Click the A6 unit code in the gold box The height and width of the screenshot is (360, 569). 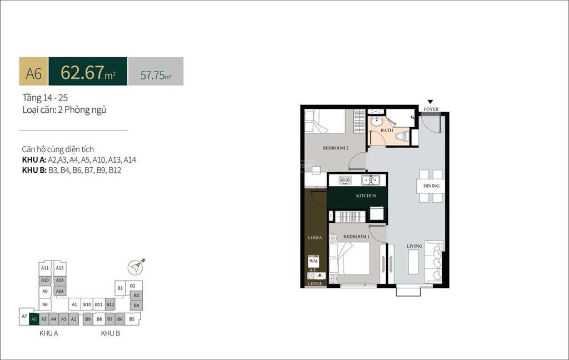[34, 72]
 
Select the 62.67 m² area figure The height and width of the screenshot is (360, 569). [88, 72]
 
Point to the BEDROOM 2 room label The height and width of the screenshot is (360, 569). [336, 148]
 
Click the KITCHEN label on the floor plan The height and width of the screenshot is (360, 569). [366, 196]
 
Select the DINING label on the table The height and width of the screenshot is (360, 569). [431, 186]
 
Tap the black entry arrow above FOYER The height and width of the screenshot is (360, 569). [430, 102]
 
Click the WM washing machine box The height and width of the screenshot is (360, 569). [313, 261]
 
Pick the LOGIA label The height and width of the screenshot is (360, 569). [315, 238]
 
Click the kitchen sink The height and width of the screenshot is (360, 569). [370, 179]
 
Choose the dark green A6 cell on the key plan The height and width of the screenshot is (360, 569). [34, 319]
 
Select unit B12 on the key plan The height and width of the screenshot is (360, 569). [110, 304]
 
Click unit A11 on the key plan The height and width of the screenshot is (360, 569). [45, 268]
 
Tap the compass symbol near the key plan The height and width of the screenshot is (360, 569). [135, 268]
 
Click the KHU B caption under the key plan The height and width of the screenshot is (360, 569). [111, 333]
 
